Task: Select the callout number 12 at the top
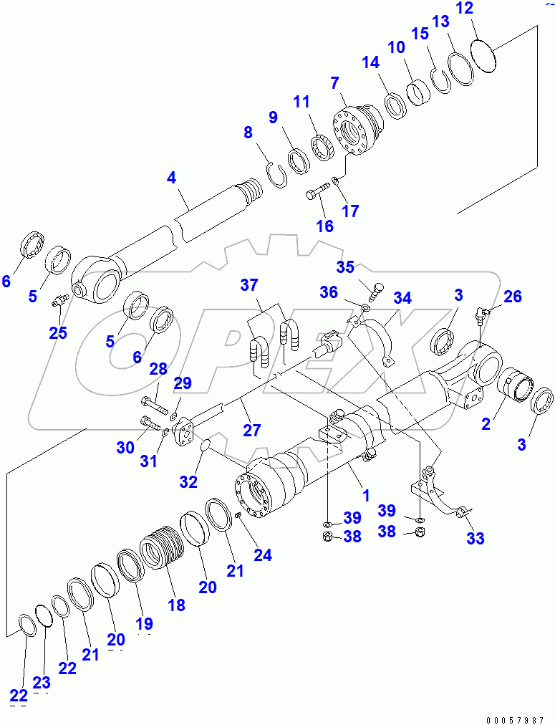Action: (x=485, y=9)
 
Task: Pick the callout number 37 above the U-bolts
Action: (x=248, y=286)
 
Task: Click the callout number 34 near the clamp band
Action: (x=403, y=297)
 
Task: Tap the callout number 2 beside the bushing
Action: (x=486, y=423)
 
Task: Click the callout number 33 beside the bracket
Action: (x=475, y=539)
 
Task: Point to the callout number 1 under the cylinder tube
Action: (x=365, y=494)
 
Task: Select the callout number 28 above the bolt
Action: (x=158, y=370)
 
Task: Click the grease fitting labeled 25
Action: (x=59, y=304)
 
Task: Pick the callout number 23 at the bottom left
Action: (x=42, y=683)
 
